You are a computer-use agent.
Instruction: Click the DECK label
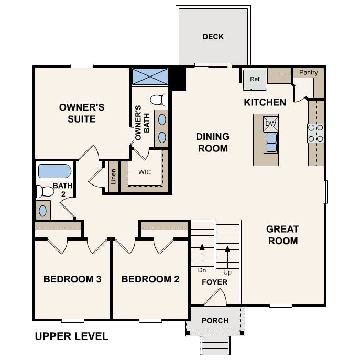(213, 37)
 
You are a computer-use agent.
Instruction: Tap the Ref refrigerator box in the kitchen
(254, 79)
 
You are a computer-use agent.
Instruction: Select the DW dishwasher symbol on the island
(271, 124)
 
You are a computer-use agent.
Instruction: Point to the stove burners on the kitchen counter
(315, 133)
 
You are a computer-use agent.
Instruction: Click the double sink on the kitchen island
(271, 143)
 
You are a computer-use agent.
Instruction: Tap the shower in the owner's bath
(149, 77)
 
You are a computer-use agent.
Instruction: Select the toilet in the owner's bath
(159, 100)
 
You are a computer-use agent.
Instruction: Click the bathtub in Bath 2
(55, 171)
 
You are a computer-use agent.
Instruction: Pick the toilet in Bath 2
(45, 191)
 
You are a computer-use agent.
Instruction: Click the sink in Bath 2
(43, 211)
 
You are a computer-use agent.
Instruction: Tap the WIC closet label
(145, 172)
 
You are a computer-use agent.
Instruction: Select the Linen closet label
(113, 177)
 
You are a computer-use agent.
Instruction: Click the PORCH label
(215, 320)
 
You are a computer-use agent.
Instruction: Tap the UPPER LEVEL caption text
(71, 336)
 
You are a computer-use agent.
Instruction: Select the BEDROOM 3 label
(72, 279)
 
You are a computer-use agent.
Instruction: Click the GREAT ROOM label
(282, 235)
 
